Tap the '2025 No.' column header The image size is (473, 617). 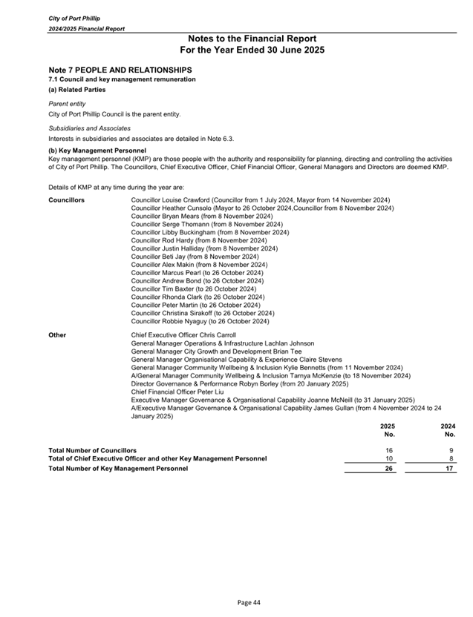(388, 430)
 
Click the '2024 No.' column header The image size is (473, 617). (448, 430)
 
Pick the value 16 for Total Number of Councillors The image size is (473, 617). (389, 450)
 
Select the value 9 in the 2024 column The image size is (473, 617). (452, 450)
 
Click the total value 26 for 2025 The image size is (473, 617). (389, 469)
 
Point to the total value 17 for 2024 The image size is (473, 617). (450, 469)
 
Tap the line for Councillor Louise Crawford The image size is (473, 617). (261, 200)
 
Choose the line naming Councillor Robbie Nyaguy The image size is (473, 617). (200, 322)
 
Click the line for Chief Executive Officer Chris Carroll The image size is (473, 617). (183, 335)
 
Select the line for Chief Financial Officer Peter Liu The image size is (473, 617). (177, 392)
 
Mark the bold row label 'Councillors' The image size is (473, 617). (66, 200)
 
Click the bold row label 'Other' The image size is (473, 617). (57, 335)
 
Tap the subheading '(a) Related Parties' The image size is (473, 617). (77, 90)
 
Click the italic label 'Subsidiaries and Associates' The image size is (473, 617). (89, 128)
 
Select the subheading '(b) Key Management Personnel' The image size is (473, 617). (97, 151)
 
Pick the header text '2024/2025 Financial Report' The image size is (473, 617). (86, 28)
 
